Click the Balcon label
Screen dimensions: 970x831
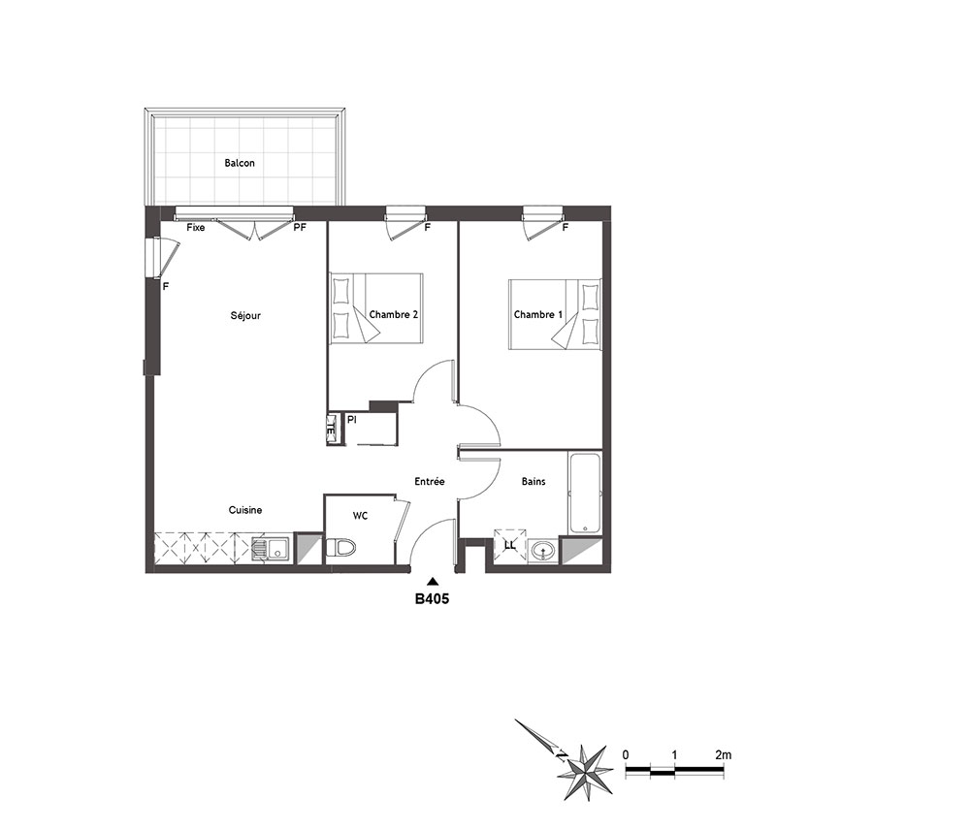pos(240,163)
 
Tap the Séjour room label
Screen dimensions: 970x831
pos(245,316)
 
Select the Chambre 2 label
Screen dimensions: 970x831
pos(394,315)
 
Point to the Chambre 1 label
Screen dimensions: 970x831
pos(538,315)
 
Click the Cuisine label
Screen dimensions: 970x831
pos(245,510)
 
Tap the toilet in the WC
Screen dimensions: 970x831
pos(340,548)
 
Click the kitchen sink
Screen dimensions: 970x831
pos(271,549)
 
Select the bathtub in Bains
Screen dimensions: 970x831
pos(585,494)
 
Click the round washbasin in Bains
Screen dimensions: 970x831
pos(544,551)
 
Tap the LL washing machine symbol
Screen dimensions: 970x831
pos(510,546)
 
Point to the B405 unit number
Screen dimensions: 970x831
pos(432,599)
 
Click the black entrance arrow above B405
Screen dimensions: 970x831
pos(433,581)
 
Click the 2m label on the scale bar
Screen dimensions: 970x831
pos(724,755)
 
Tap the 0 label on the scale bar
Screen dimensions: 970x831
pos(626,755)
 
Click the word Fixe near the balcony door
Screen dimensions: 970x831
pos(196,228)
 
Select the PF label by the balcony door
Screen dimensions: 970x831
pos(300,228)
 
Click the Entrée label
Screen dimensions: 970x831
pos(430,481)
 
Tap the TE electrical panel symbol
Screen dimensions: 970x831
pos(332,429)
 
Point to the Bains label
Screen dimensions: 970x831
pos(533,481)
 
